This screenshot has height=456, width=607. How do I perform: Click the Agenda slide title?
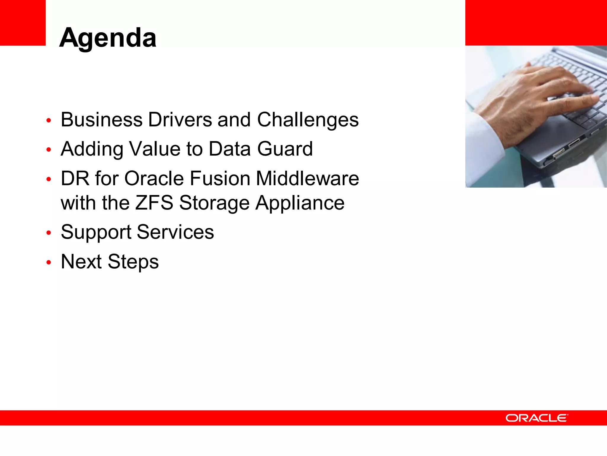[108, 38]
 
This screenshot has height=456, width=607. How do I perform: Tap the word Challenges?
[308, 120]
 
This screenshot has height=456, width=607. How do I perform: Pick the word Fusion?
[221, 178]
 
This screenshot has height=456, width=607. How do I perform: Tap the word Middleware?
[307, 178]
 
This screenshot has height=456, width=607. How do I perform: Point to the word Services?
[175, 232]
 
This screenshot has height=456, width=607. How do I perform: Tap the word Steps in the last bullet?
[133, 262]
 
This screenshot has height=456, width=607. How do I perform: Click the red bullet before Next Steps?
[49, 262]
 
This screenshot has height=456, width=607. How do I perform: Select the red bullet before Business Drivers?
[49, 121]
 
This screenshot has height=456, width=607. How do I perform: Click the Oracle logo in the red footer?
[537, 418]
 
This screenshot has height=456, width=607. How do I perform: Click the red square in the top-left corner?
[23, 23]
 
